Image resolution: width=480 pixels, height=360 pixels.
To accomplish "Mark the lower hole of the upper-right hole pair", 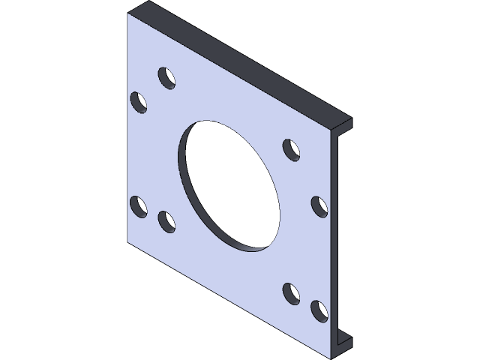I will pyautogui.click(x=319, y=205).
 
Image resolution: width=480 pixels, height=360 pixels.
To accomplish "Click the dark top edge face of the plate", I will pyautogui.click(x=240, y=64).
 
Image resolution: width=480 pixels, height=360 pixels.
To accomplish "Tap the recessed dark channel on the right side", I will pyautogui.click(x=342, y=232).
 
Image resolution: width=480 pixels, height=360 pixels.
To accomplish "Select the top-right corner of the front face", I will pyautogui.click(x=332, y=127).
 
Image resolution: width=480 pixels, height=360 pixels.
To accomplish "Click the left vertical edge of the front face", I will pyautogui.click(x=128, y=135).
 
